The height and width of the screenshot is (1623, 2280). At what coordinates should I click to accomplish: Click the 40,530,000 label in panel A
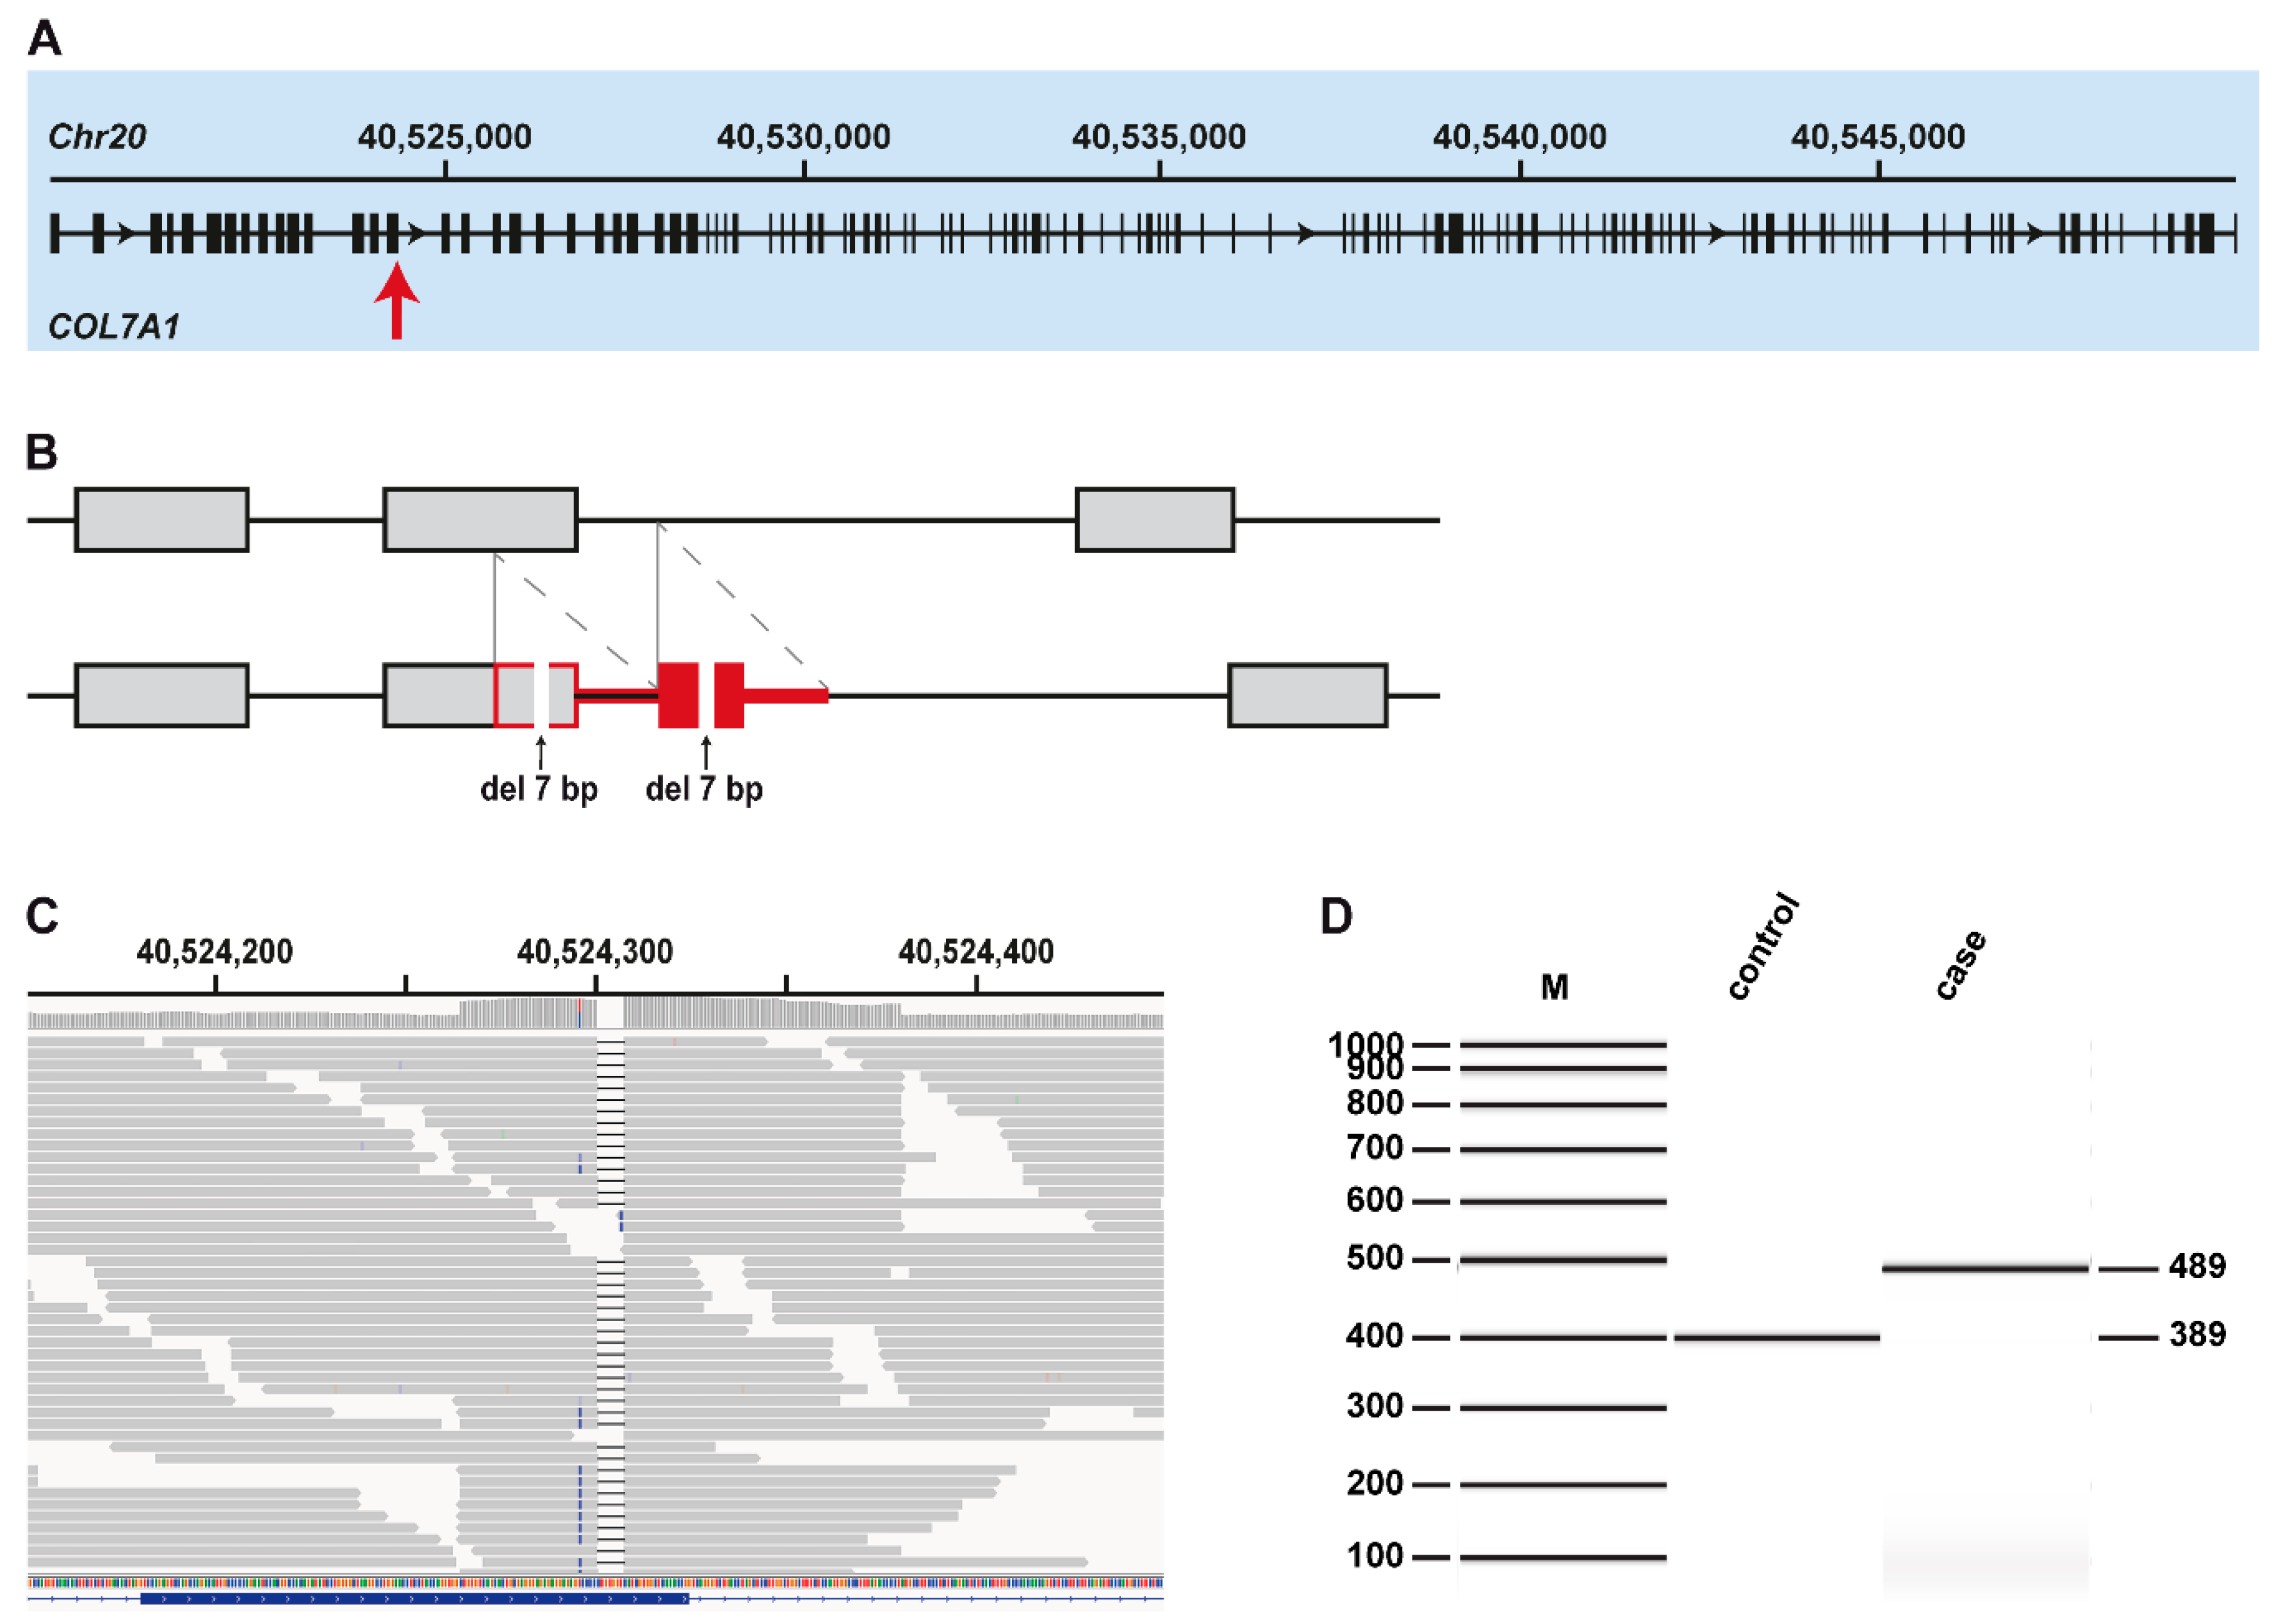804,137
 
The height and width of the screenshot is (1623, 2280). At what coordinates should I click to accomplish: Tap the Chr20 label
97,137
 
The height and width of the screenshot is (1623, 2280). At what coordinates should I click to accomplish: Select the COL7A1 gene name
114,327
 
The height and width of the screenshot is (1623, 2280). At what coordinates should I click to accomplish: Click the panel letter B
42,452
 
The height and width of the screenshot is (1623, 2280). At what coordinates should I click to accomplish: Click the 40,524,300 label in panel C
595,952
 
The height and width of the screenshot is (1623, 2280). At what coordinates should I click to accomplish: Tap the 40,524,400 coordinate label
976,952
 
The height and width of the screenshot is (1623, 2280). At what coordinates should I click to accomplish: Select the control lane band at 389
1776,1337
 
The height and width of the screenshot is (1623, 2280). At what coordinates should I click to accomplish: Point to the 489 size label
2197,1266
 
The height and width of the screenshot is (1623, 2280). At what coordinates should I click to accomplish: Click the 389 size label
2197,1334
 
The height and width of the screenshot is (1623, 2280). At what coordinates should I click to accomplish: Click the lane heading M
1554,987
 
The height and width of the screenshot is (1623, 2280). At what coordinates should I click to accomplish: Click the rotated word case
1960,964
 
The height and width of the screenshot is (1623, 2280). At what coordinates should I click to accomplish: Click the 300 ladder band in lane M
1562,1407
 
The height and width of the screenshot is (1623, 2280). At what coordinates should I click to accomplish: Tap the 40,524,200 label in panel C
215,952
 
